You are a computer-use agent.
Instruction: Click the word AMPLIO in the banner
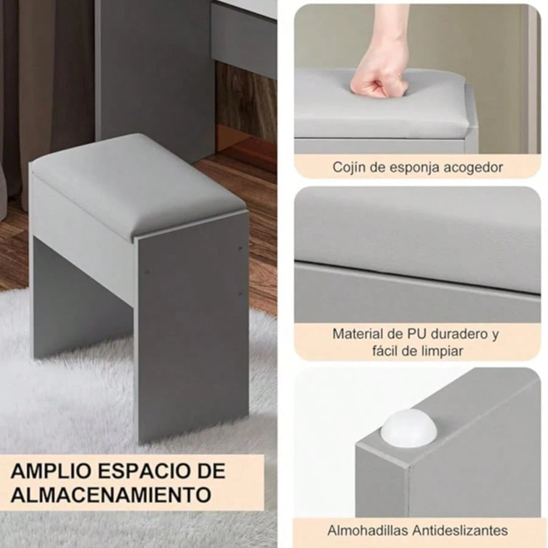coord(51,471)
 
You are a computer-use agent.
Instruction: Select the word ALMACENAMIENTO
coord(111,494)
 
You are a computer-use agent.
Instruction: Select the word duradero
coord(459,334)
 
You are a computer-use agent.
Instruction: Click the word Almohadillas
coord(368,530)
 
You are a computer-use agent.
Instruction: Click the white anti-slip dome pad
coord(409,427)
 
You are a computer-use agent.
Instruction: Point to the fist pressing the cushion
coord(374,81)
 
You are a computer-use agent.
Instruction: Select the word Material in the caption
coord(357,334)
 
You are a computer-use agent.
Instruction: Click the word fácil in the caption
coord(385,350)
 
